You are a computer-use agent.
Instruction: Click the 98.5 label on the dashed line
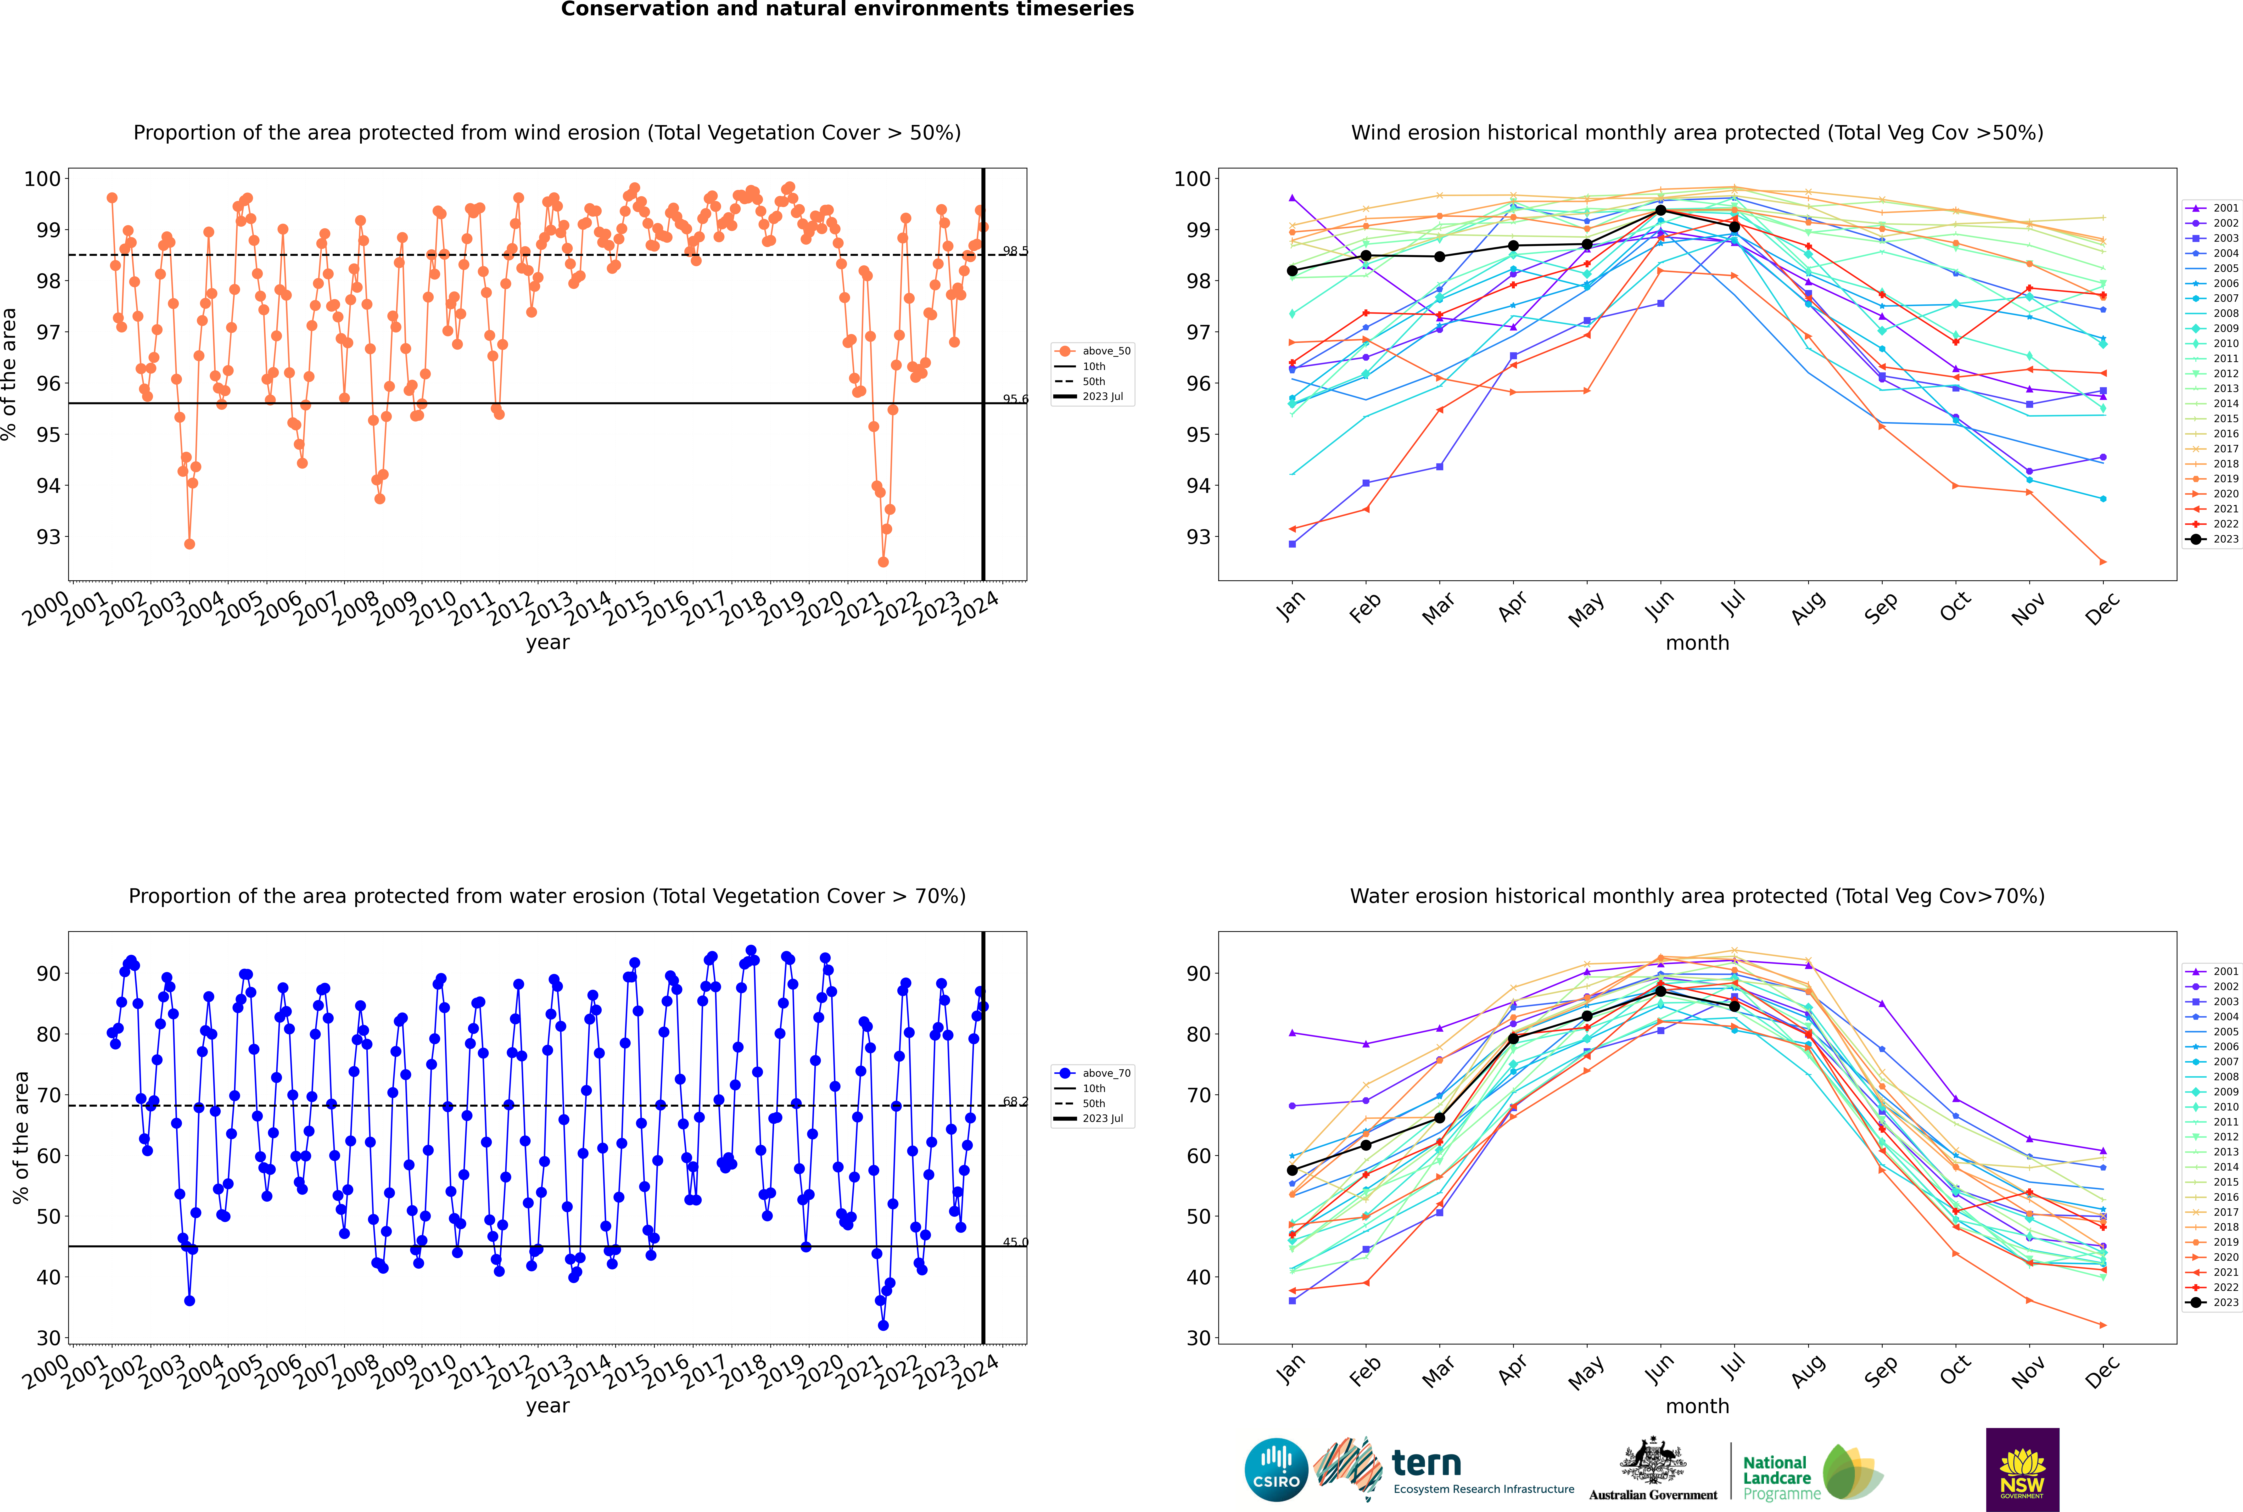click(x=1014, y=252)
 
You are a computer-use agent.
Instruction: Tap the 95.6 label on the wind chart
click(x=1014, y=399)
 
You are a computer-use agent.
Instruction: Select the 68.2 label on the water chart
click(x=1014, y=1101)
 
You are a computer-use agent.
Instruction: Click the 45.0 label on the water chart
click(x=1014, y=1242)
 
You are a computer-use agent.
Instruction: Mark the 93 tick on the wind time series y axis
click(x=48, y=537)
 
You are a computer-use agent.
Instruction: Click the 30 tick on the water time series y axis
click(x=48, y=1338)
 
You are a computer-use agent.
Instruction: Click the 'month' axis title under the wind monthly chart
click(x=1697, y=643)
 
